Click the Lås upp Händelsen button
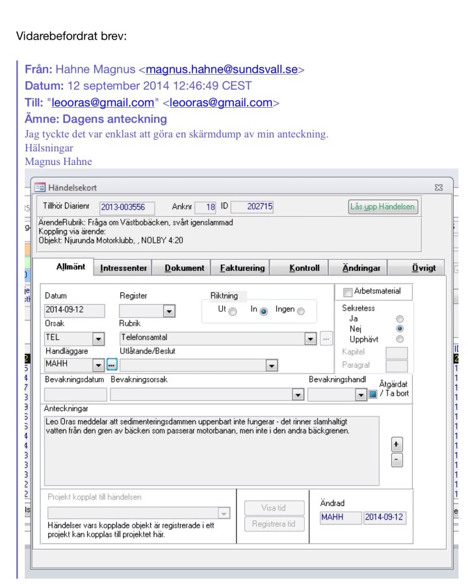click(383, 207)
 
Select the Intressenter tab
click(123, 268)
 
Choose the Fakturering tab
click(242, 268)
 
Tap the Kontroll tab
click(304, 268)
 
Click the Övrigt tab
click(423, 268)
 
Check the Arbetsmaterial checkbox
click(347, 292)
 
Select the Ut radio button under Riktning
click(233, 311)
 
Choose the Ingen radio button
click(300, 311)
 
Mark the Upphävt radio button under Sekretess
click(400, 339)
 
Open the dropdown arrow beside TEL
click(99, 338)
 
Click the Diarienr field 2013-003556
click(127, 207)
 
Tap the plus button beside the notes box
click(396, 444)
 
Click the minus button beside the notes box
click(396, 460)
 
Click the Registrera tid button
click(274, 524)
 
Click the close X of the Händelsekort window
click(438, 188)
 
